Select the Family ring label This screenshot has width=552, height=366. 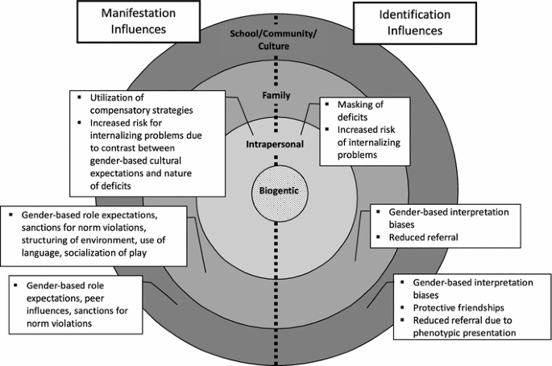click(276, 95)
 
